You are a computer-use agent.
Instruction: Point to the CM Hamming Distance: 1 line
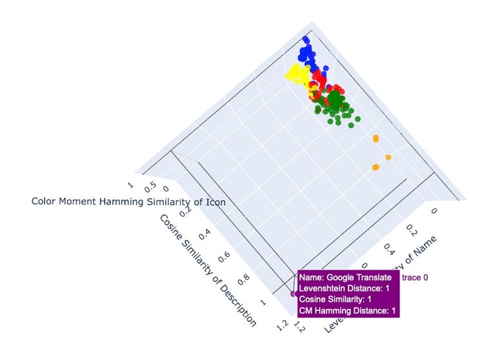348,312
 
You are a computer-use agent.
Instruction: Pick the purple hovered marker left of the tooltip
292,294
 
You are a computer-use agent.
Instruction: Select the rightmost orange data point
388,157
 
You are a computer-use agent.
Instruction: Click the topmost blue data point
308,41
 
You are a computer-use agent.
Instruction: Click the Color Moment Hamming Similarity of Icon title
128,201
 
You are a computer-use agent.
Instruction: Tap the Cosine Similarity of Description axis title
207,269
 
